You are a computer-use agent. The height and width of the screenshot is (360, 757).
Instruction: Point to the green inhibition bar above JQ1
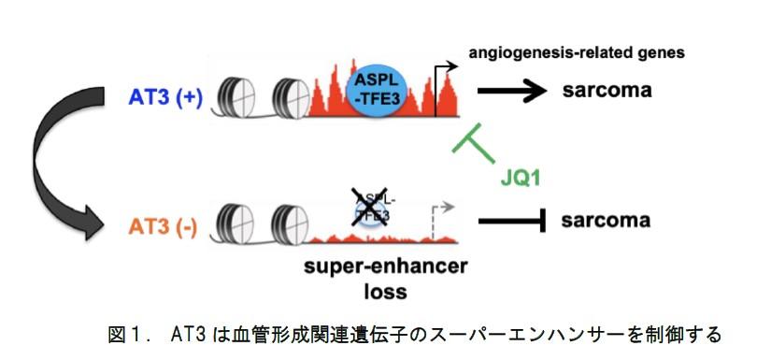[471, 138]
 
